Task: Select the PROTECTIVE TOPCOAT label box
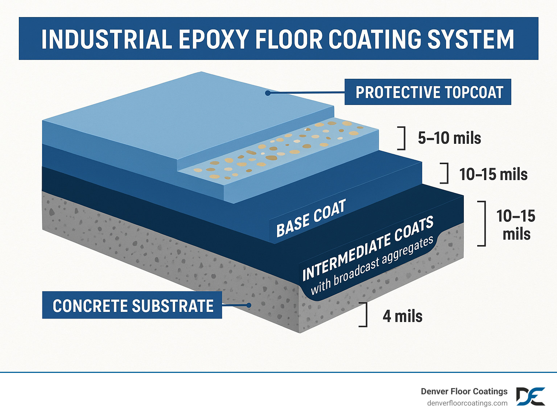coord(428,92)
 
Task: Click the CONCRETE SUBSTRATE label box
coord(132,305)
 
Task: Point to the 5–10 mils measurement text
coord(449,138)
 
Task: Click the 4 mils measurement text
coord(403,316)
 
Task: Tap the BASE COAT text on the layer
coord(311,218)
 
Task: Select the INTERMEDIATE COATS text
coord(368,248)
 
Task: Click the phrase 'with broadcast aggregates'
coord(372,265)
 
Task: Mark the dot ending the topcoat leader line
coord(268,93)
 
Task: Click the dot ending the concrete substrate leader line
coord(249,305)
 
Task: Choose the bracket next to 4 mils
coord(364,314)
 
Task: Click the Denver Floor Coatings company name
coord(464,391)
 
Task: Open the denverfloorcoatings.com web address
coord(467,403)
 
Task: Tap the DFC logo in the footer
coord(531,396)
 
